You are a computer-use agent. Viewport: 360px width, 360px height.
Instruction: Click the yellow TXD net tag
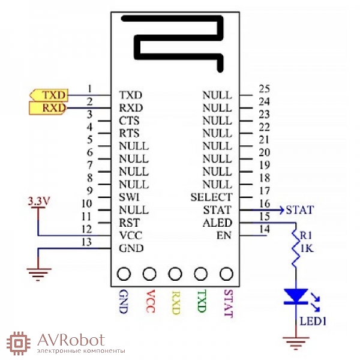tap(49, 95)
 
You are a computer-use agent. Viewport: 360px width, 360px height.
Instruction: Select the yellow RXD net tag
tap(48, 108)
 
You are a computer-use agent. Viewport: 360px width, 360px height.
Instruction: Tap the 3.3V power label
tap(39, 202)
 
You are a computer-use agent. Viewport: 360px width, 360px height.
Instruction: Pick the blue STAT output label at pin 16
tap(300, 210)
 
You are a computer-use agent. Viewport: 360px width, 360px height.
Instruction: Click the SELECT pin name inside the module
tap(211, 197)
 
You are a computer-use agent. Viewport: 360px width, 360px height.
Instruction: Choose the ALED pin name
tap(217, 223)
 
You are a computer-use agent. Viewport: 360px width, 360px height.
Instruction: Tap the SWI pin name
tap(129, 197)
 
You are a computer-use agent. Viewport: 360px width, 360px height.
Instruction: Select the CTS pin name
tap(129, 121)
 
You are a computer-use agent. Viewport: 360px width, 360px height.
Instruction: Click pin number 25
tap(264, 89)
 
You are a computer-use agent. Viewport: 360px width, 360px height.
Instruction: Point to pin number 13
tap(86, 242)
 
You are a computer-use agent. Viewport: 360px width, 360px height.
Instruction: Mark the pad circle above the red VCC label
tap(149, 274)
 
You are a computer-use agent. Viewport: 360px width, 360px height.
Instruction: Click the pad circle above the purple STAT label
tap(226, 274)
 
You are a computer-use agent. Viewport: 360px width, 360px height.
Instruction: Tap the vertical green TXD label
tap(202, 301)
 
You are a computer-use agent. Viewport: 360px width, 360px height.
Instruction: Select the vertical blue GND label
tap(124, 301)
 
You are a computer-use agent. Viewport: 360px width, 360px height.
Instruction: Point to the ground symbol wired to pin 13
tap(39, 275)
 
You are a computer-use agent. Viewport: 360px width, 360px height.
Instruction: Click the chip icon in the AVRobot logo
tap(19, 343)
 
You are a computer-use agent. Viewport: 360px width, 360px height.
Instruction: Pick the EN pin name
tap(224, 236)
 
